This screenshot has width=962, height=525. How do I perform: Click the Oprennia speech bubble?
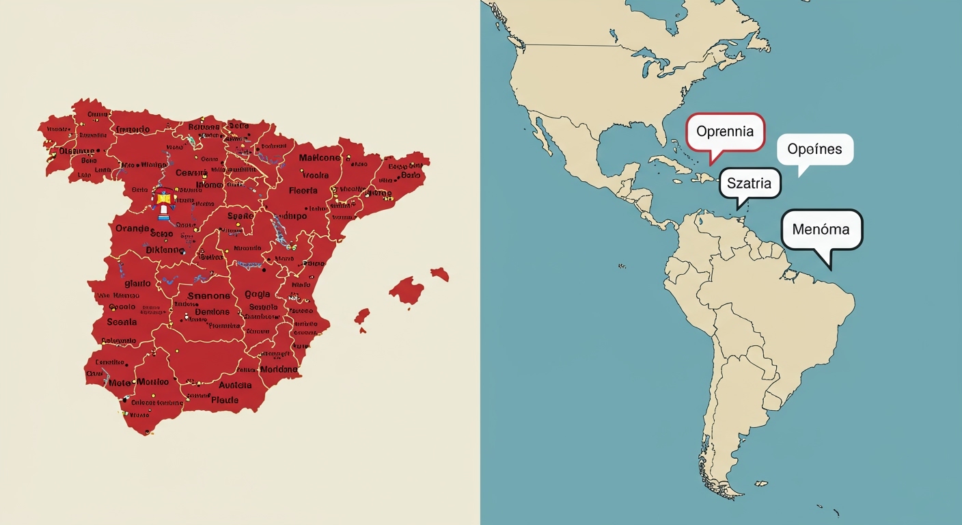point(726,132)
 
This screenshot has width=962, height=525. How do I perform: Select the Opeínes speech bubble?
point(815,149)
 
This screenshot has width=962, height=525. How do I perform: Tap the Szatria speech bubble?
point(749,183)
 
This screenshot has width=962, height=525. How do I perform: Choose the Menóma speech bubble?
point(821,229)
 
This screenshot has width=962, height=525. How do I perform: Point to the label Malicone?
point(319,158)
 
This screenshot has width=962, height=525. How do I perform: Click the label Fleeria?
point(303,191)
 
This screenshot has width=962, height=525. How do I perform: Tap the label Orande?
point(133,228)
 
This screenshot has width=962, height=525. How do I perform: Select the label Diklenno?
point(165,250)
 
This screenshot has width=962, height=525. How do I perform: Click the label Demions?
point(212,312)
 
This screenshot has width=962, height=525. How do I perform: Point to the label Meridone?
point(279,369)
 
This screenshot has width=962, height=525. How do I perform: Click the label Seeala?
point(122,322)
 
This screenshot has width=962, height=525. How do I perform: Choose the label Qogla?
point(257,295)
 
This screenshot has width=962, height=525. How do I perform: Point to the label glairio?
point(137,283)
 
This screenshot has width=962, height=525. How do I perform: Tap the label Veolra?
point(314,175)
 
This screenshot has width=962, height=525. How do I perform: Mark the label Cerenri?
point(191,173)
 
